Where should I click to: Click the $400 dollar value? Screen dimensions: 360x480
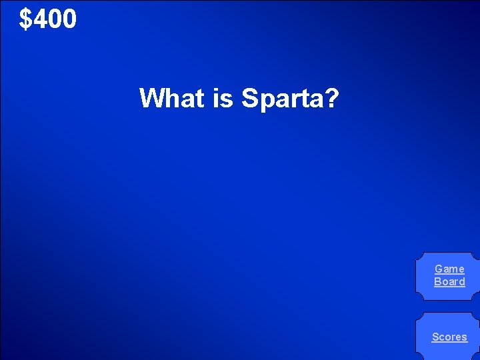click(48, 19)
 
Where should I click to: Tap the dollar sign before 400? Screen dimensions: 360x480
click(25, 19)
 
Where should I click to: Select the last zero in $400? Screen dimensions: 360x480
click(69, 19)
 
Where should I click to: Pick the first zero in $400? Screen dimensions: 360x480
click(55, 19)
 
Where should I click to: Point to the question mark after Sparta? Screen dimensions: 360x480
click(333, 98)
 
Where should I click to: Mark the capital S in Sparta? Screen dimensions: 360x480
click(249, 98)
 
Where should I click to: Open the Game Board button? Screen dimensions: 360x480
click(449, 275)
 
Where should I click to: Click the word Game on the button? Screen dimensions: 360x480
click(449, 269)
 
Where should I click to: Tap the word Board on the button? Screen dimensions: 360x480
click(449, 281)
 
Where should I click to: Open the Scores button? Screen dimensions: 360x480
click(449, 337)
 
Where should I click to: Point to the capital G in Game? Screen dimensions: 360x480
click(439, 269)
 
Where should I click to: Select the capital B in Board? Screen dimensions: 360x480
click(437, 281)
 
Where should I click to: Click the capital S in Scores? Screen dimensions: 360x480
click(435, 337)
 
